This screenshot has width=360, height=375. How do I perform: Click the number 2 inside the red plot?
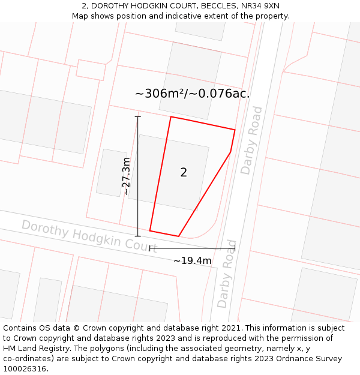[x=184, y=173]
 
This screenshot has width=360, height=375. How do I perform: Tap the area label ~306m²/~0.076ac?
[x=192, y=94]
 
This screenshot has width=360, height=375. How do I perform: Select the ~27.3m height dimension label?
[x=126, y=176]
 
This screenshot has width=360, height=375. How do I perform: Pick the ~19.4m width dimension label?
[x=192, y=260]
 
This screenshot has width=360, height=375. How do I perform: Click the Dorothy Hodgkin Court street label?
[x=89, y=235]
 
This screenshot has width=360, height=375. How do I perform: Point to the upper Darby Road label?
[x=251, y=140]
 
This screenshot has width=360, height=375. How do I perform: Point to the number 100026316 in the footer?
[x=25, y=368]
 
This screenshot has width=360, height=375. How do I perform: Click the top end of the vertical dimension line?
[x=138, y=116]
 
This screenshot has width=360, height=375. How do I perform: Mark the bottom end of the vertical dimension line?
[x=138, y=236]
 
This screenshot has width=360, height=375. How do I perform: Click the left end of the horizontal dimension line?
[x=150, y=248]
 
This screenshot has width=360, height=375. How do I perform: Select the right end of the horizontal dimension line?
[x=235, y=248]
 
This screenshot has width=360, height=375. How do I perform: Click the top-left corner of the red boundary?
[x=171, y=117]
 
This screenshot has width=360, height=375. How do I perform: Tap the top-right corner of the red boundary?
[x=235, y=130]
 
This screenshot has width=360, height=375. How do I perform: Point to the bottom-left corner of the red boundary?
[x=150, y=230]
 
